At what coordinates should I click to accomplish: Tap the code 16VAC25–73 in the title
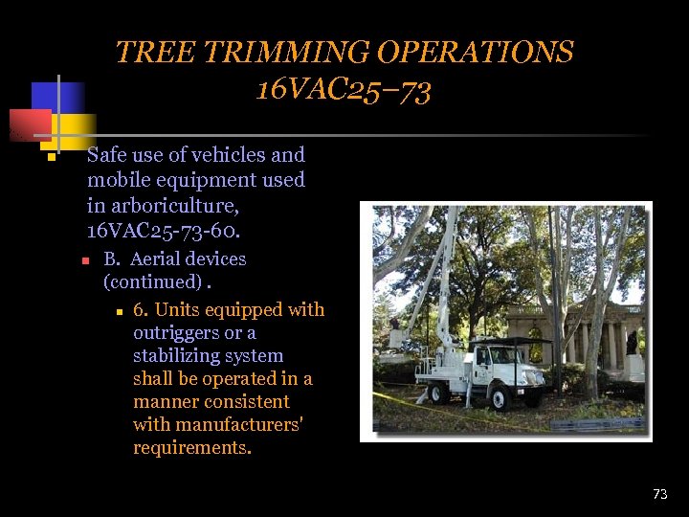(x=344, y=90)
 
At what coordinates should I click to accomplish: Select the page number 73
(x=659, y=494)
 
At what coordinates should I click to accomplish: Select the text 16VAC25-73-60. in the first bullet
(x=162, y=231)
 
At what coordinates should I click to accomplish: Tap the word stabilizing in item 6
(x=176, y=356)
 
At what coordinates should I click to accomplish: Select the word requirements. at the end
(x=192, y=448)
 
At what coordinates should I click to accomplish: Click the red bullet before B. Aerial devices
(x=84, y=260)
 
